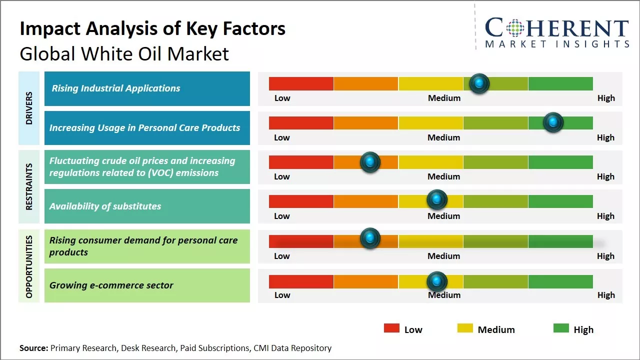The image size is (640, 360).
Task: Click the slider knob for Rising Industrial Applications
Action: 479,83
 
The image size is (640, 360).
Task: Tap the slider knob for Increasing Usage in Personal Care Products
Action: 553,122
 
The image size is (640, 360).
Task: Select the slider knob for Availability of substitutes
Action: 436,199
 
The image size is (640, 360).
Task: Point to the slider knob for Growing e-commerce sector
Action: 436,281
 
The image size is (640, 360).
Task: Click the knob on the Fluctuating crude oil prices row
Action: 370,161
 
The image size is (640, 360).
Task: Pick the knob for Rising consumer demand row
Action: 370,238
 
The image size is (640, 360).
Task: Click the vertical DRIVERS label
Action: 29,108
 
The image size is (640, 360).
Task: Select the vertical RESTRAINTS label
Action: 29,186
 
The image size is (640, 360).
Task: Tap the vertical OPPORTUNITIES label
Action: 29,266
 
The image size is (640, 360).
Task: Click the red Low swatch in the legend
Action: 391,328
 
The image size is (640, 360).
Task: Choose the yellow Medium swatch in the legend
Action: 465,328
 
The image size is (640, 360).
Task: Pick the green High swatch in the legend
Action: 561,328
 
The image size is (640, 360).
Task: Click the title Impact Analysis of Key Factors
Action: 152,28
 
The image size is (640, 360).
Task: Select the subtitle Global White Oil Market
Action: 124,53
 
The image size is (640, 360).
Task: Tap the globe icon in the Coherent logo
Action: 514,28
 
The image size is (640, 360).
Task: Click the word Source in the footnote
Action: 33,348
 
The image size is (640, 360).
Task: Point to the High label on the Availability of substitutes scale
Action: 605,216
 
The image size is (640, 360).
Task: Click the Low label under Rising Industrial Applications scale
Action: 282,98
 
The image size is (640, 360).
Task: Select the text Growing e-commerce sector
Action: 111,285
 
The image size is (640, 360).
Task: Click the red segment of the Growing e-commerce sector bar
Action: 301,281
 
